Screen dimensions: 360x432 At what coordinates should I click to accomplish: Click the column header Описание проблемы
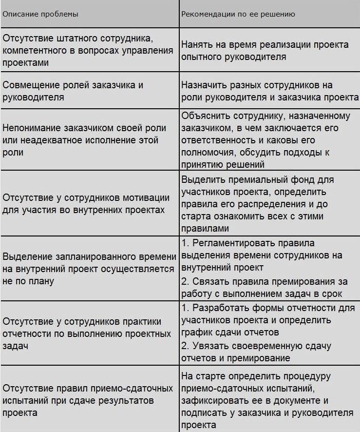[40, 14]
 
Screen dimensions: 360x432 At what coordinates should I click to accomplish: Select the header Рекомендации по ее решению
[238, 14]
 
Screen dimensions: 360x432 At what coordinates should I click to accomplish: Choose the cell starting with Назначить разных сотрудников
[269, 91]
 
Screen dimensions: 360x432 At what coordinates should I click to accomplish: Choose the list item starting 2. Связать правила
[262, 287]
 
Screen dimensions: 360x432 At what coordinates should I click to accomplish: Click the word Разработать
[217, 308]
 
